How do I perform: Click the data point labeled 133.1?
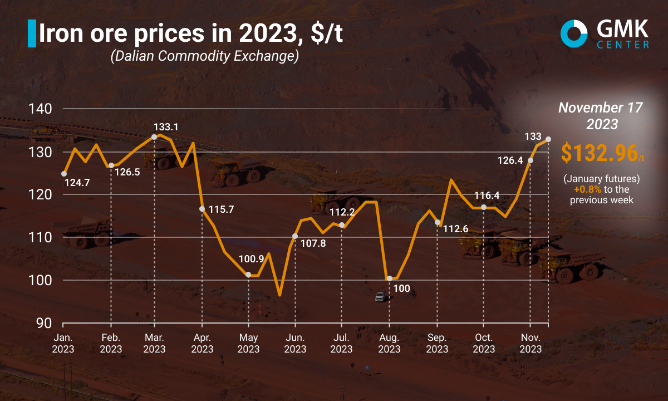click(x=154, y=136)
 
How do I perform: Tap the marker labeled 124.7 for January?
click(x=64, y=173)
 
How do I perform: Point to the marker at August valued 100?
click(x=389, y=278)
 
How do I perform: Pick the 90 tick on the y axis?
click(x=43, y=323)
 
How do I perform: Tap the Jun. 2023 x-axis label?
click(x=294, y=343)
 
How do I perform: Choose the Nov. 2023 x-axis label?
click(x=531, y=343)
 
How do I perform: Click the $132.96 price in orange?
click(x=599, y=153)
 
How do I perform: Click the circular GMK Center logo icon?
click(x=574, y=33)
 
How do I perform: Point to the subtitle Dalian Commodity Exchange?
click(x=204, y=56)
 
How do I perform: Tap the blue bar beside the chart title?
click(x=31, y=34)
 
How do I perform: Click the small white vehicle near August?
click(x=380, y=296)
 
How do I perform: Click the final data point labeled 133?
click(x=548, y=139)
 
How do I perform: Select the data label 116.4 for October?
click(x=487, y=195)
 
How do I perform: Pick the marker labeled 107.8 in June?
click(x=295, y=236)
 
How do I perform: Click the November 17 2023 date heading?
click(x=601, y=116)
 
